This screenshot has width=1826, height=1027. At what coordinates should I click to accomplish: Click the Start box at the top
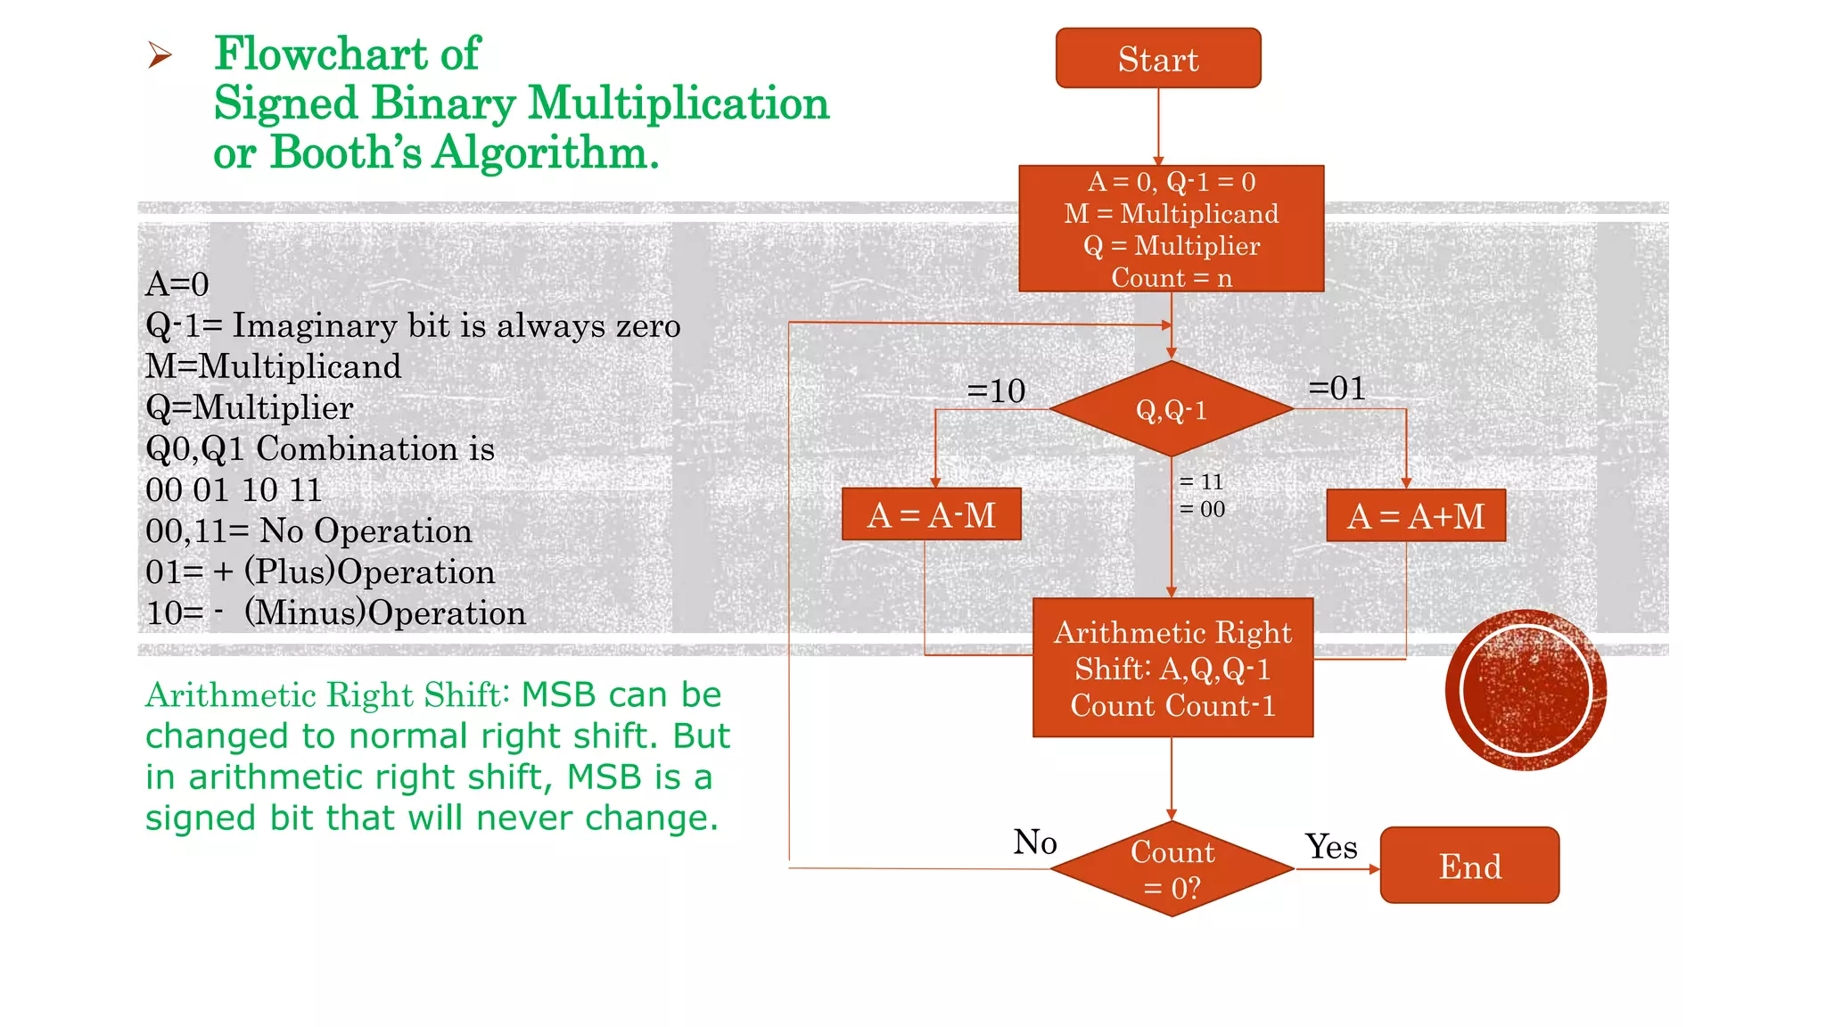pyautogui.click(x=1157, y=59)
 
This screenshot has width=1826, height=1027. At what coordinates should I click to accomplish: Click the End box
pyautogui.click(x=1469, y=866)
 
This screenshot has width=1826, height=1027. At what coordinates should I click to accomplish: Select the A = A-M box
pyautogui.click(x=931, y=514)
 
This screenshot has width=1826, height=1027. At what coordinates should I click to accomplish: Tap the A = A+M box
pyautogui.click(x=1415, y=516)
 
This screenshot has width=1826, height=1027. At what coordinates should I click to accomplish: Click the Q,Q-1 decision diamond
pyautogui.click(x=1171, y=409)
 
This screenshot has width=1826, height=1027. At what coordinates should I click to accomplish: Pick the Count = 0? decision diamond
pyautogui.click(x=1172, y=869)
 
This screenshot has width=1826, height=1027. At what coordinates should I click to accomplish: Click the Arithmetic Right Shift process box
pyautogui.click(x=1172, y=668)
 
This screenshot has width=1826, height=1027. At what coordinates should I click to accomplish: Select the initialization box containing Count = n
pyautogui.click(x=1171, y=229)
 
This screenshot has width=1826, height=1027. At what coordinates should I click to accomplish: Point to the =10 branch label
pyautogui.click(x=996, y=390)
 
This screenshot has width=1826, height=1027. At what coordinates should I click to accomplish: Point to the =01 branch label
pyautogui.click(x=1337, y=388)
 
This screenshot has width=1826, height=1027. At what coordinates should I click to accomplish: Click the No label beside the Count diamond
pyautogui.click(x=1034, y=842)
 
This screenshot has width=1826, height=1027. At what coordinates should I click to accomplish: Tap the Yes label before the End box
pyautogui.click(x=1330, y=847)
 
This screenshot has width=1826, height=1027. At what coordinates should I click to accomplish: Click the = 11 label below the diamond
pyautogui.click(x=1201, y=482)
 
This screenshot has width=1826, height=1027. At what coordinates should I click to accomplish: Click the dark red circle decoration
pyautogui.click(x=1526, y=690)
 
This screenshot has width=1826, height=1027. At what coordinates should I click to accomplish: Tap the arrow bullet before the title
pyautogui.click(x=160, y=55)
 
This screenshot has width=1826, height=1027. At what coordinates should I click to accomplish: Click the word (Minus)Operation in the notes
pyautogui.click(x=384, y=613)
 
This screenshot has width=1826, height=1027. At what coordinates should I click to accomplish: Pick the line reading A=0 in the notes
pyautogui.click(x=177, y=284)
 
